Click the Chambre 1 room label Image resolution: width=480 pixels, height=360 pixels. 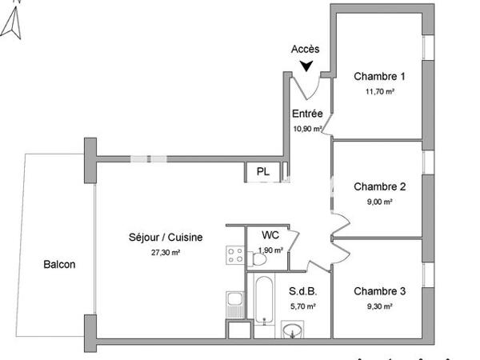pyautogui.click(x=379, y=77)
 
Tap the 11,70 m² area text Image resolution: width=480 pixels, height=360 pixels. pyautogui.click(x=379, y=91)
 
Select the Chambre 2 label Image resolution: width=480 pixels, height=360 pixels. pyautogui.click(x=379, y=187)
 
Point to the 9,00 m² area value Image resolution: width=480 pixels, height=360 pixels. pyautogui.click(x=379, y=202)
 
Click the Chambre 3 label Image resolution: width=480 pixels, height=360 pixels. pyautogui.click(x=379, y=291)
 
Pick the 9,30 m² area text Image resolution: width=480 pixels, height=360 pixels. pyautogui.click(x=379, y=306)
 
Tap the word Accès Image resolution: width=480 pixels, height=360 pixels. pyautogui.click(x=305, y=50)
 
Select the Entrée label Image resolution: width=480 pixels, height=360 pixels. pyautogui.click(x=307, y=114)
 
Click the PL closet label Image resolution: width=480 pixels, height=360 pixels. pyautogui.click(x=263, y=172)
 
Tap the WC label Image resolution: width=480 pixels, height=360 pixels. pyautogui.click(x=270, y=236)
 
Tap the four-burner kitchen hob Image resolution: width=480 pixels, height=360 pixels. pyautogui.click(x=235, y=256)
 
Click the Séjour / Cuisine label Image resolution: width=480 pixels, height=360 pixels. pyautogui.click(x=166, y=238)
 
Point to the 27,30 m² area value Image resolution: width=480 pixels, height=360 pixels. pyautogui.click(x=166, y=252)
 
